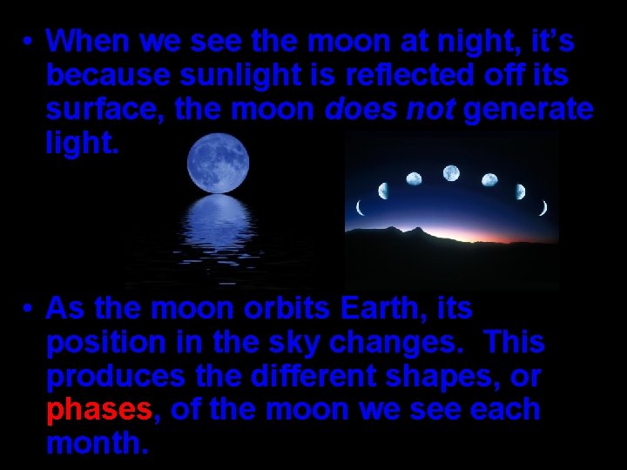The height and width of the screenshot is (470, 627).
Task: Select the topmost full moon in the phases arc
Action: pos(451,172)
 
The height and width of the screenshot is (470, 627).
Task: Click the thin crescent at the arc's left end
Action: pos(360,207)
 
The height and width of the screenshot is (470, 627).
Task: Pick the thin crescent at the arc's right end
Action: pos(543,207)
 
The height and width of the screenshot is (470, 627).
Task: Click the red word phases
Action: pos(99,410)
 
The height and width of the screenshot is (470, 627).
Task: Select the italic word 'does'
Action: pos(356,111)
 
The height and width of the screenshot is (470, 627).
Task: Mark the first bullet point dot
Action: pos(30,42)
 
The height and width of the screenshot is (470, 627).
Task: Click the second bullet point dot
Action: pos(30,309)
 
